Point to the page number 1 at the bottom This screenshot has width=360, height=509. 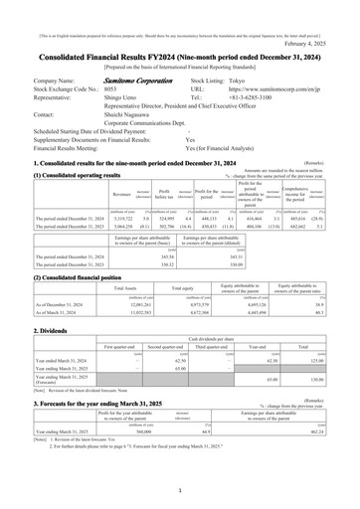(x=180, y=491)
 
